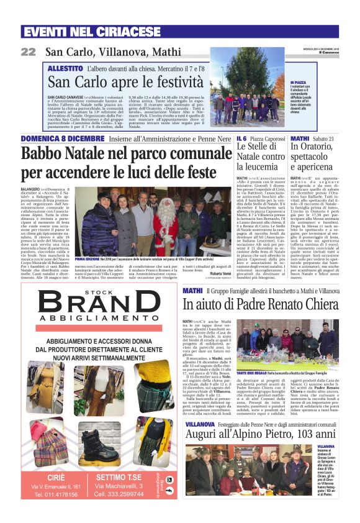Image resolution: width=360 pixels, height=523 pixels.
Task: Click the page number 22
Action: [29, 52]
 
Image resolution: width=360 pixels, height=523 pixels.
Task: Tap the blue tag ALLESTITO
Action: [65, 68]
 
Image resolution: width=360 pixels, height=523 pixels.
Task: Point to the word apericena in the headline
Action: [313, 166]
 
